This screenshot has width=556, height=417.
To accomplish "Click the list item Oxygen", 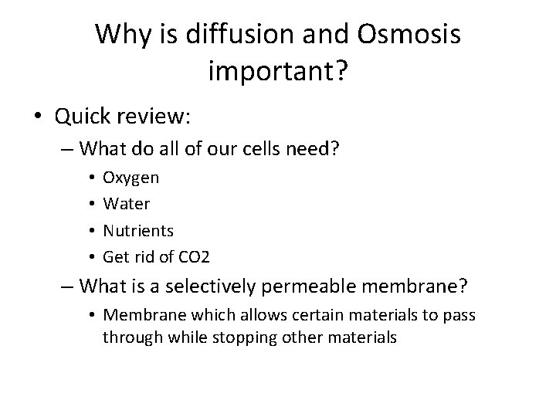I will tap(131, 178).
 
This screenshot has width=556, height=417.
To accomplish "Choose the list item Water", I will tap(127, 205).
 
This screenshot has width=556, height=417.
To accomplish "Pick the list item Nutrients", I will tap(138, 231).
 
